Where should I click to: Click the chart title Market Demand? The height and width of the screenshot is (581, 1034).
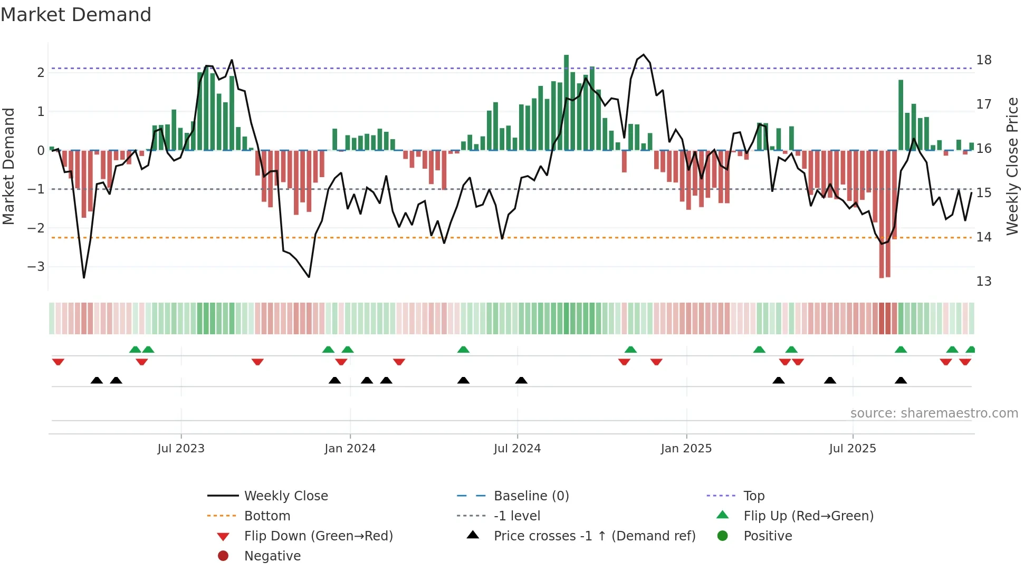tap(76, 15)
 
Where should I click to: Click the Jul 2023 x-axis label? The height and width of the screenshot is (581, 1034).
tap(181, 449)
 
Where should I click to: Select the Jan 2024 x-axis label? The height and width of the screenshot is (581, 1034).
tap(350, 449)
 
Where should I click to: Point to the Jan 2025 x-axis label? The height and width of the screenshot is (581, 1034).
tap(686, 449)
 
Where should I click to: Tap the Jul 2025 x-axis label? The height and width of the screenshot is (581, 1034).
tap(852, 449)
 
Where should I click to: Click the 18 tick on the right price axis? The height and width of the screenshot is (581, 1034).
tap(983, 60)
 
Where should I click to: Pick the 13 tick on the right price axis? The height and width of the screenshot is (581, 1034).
tap(983, 282)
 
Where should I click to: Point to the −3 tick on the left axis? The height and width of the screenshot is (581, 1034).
tap(36, 267)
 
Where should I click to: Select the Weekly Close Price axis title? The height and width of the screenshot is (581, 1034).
tap(1012, 166)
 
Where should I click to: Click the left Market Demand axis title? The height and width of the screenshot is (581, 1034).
tap(8, 166)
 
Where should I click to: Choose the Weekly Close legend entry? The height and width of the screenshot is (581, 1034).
tap(285, 496)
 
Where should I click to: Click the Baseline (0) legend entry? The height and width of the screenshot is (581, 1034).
tap(531, 496)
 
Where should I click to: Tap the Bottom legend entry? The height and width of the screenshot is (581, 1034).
tap(267, 516)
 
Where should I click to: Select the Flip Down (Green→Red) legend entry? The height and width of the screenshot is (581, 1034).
tap(318, 536)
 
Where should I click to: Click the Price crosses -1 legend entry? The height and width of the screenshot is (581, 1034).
tap(594, 536)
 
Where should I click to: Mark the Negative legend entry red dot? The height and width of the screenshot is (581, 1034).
tap(223, 556)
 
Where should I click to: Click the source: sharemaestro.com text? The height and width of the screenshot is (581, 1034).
tap(934, 413)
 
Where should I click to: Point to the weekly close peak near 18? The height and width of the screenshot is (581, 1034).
tap(643, 55)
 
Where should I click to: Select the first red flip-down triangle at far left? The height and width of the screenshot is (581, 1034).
tap(58, 362)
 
